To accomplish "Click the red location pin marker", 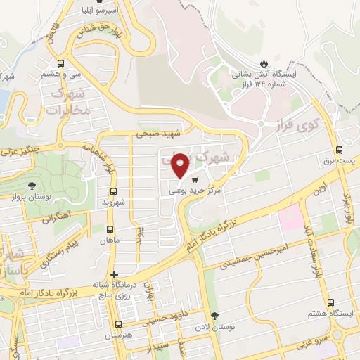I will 181,165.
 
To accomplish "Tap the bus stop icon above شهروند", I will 112,191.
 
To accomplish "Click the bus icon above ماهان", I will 110,229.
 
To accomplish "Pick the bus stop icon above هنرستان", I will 117,325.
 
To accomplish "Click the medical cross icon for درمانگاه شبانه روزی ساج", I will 114,274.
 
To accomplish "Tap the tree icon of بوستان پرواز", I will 32,185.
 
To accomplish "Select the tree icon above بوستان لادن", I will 214,316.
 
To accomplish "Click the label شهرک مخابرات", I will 70,103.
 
